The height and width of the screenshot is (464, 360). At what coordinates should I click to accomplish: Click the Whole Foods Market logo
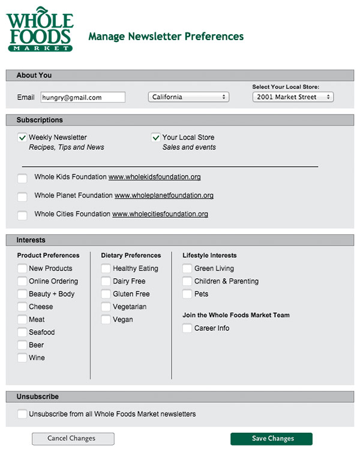pos(39,29)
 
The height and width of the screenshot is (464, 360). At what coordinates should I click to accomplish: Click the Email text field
pos(83,97)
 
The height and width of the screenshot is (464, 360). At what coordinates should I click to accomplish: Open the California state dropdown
pos(188,97)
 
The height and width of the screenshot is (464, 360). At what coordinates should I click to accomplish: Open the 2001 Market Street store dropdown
pos(293,97)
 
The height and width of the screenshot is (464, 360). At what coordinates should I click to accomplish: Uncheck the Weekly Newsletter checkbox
pos(22,138)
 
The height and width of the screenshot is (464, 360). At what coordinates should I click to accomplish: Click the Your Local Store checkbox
pos(156,138)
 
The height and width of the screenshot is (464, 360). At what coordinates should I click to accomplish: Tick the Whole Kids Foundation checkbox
pos(22,178)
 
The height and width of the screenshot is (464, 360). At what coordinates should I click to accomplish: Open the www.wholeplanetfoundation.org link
pos(164,195)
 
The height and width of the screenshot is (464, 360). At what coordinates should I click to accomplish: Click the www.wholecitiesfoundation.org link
pos(160,214)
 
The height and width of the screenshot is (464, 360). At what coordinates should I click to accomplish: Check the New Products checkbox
pos(22,269)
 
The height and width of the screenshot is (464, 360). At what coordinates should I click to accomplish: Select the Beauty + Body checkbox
pos(22,294)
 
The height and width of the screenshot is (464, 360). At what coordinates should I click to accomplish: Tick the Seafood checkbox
pos(22,332)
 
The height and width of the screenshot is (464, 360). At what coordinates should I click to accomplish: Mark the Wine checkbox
pos(22,358)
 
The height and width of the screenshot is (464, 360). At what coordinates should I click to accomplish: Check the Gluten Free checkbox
pos(106,294)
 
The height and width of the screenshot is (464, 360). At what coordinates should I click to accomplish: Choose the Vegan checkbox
pos(106,320)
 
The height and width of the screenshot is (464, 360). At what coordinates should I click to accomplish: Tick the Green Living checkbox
pos(187,269)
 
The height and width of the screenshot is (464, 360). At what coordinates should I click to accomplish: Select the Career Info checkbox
pos(187,329)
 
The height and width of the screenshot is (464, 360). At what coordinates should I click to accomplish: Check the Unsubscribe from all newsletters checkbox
pos(22,414)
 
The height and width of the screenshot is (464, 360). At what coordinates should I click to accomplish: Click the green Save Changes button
pos(271,439)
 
